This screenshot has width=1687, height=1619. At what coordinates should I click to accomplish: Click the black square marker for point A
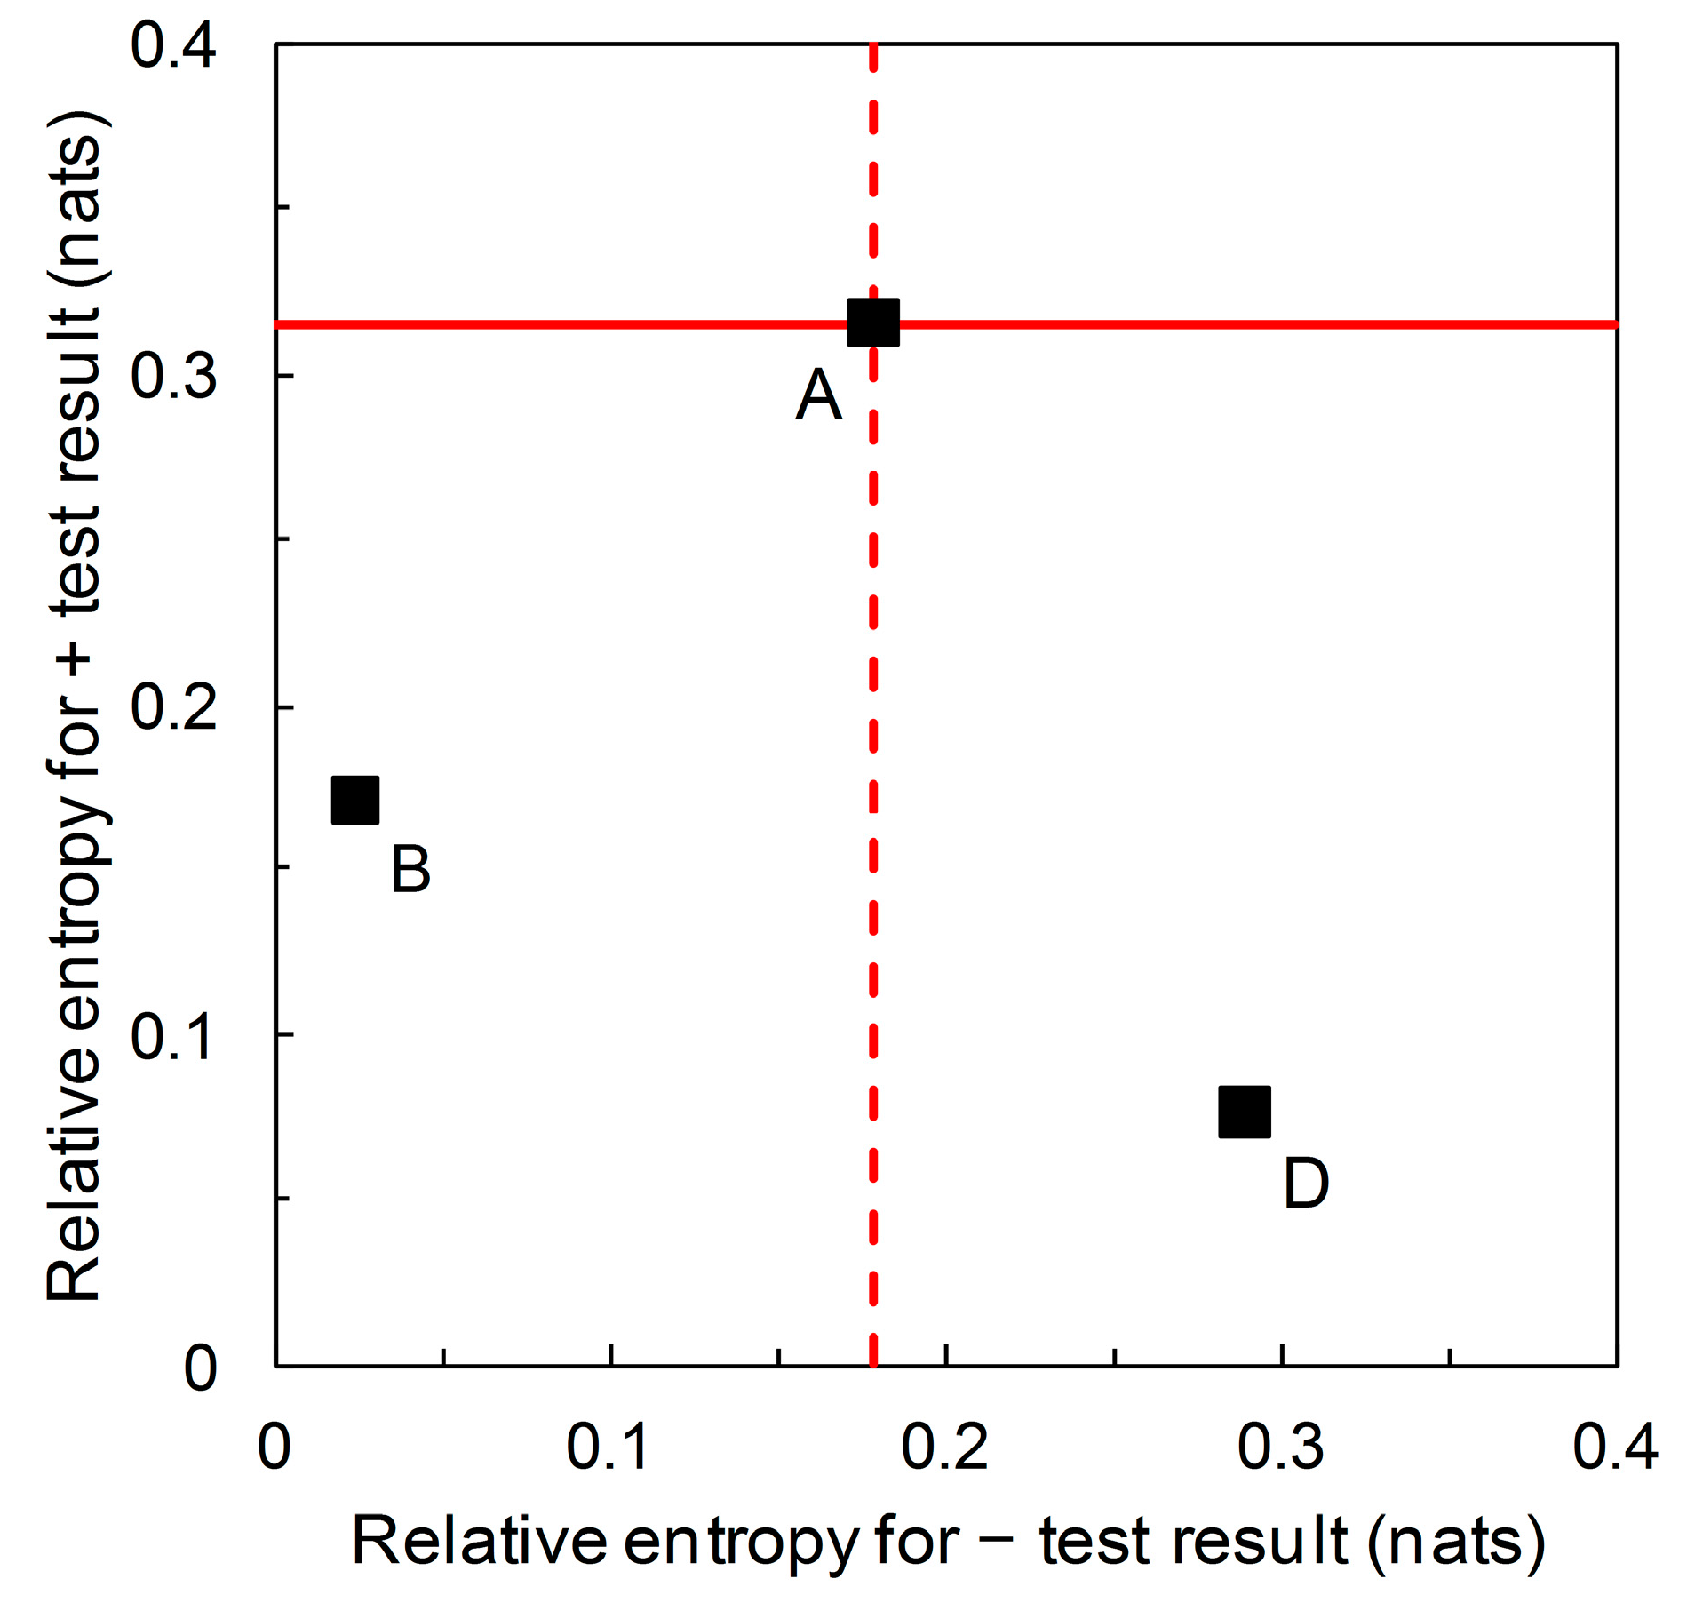click(x=873, y=323)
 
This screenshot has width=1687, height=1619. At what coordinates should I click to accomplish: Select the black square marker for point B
click(x=355, y=800)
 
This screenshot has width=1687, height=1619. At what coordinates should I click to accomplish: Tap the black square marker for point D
click(x=1245, y=1112)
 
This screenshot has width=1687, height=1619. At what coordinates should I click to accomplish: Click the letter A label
click(x=818, y=395)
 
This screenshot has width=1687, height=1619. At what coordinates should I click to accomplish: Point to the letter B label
click(x=410, y=869)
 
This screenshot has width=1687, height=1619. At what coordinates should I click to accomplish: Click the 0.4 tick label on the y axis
click(x=173, y=46)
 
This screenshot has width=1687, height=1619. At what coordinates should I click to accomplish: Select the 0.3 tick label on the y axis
click(x=173, y=376)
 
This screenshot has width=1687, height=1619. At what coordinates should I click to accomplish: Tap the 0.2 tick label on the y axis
click(x=173, y=707)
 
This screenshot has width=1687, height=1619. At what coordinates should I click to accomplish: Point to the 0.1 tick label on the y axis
click(x=173, y=1037)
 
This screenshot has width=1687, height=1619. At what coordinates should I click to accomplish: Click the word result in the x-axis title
click(x=1260, y=1541)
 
